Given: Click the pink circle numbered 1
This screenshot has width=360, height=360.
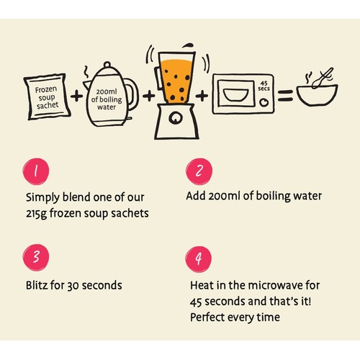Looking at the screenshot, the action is tap(36, 171).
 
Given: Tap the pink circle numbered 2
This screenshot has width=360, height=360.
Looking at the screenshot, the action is tap(199, 171).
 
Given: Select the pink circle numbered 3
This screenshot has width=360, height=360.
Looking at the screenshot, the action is tap(36, 258).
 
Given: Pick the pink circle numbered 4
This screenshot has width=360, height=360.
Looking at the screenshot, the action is tap(199, 259).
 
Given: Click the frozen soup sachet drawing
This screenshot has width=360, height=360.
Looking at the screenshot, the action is tap(47, 96).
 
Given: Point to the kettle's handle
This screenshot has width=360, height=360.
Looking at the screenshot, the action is tap(132, 94).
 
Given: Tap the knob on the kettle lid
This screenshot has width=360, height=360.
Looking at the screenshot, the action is tap(107, 65).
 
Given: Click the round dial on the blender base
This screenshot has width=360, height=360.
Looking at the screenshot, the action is tap(176, 117).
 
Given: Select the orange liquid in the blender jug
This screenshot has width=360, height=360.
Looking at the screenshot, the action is tap(177, 81).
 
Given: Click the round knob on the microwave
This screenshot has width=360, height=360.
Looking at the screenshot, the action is tap(264, 102).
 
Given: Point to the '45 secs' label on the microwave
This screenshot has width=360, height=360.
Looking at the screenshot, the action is tap(264, 86).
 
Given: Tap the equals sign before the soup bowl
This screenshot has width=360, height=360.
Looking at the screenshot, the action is tap(285, 95).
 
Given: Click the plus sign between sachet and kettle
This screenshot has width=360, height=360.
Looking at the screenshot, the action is tap(77, 96).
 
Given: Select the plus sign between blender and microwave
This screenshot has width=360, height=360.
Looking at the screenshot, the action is tap(202, 96).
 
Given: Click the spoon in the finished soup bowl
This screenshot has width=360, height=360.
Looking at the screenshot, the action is tap(323, 78).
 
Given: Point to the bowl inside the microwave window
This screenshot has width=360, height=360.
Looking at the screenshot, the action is tap(235, 94).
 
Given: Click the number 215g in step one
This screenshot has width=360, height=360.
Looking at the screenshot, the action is tap(36, 214).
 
